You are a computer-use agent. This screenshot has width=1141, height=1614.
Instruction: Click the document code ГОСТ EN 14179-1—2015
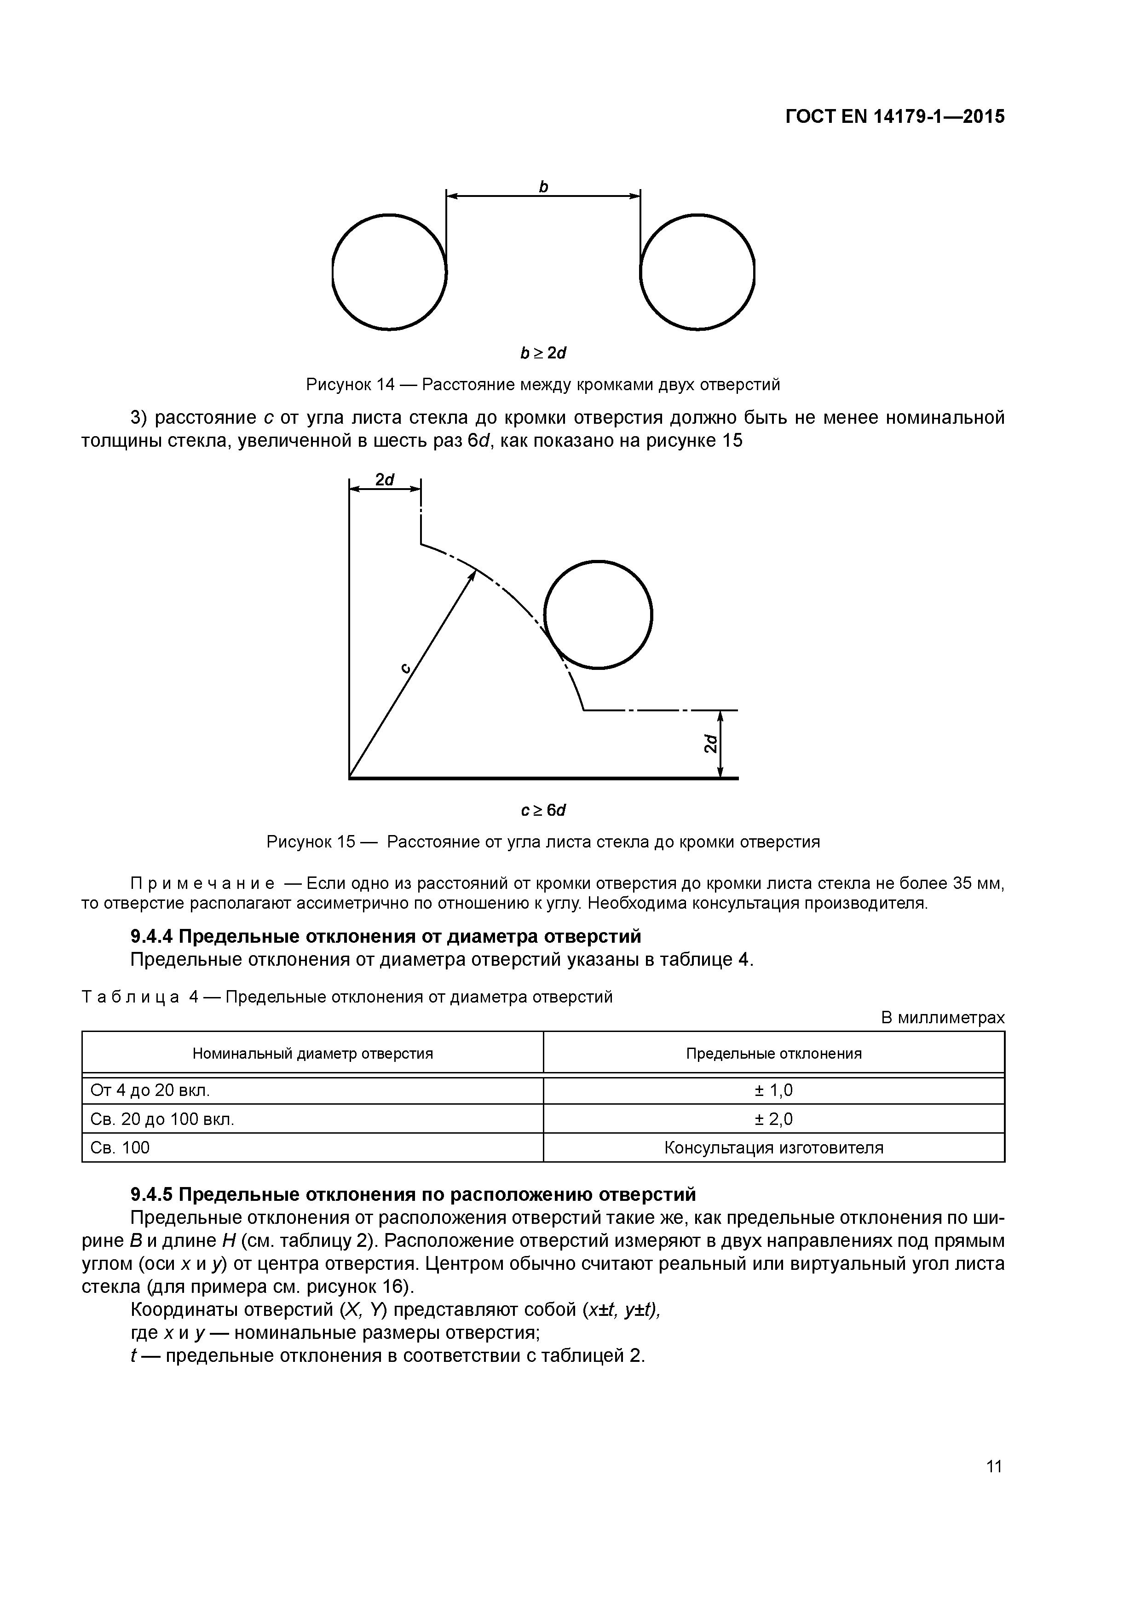point(894,117)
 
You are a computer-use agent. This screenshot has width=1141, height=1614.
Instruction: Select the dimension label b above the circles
point(543,187)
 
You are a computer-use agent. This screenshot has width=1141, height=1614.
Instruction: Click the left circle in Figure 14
point(389,272)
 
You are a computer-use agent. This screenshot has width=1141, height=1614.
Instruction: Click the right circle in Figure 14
point(697,272)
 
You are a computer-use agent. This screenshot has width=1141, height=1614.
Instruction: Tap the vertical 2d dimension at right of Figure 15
point(711,744)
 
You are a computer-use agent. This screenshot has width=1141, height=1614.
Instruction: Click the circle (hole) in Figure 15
point(598,614)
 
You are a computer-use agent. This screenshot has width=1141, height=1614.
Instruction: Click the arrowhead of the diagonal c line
point(473,576)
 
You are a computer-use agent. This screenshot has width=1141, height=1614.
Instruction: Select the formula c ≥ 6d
point(543,811)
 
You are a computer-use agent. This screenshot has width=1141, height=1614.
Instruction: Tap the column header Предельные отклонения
point(773,1054)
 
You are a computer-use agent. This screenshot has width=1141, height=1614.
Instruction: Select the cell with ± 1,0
point(773,1090)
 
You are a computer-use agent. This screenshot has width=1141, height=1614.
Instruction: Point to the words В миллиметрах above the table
point(943,1017)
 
